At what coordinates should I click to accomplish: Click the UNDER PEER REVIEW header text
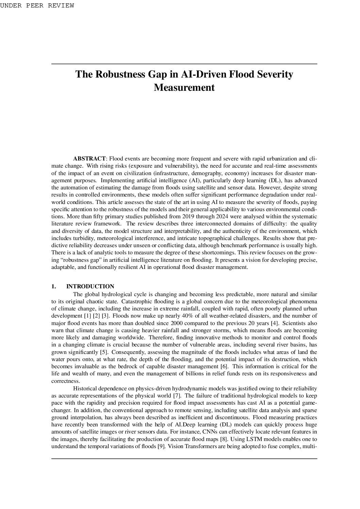click(x=37, y=5)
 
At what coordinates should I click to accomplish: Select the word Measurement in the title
click(x=184, y=88)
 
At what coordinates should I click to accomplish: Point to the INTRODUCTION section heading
click(x=90, y=287)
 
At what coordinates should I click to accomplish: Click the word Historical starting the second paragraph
click(x=85, y=388)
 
